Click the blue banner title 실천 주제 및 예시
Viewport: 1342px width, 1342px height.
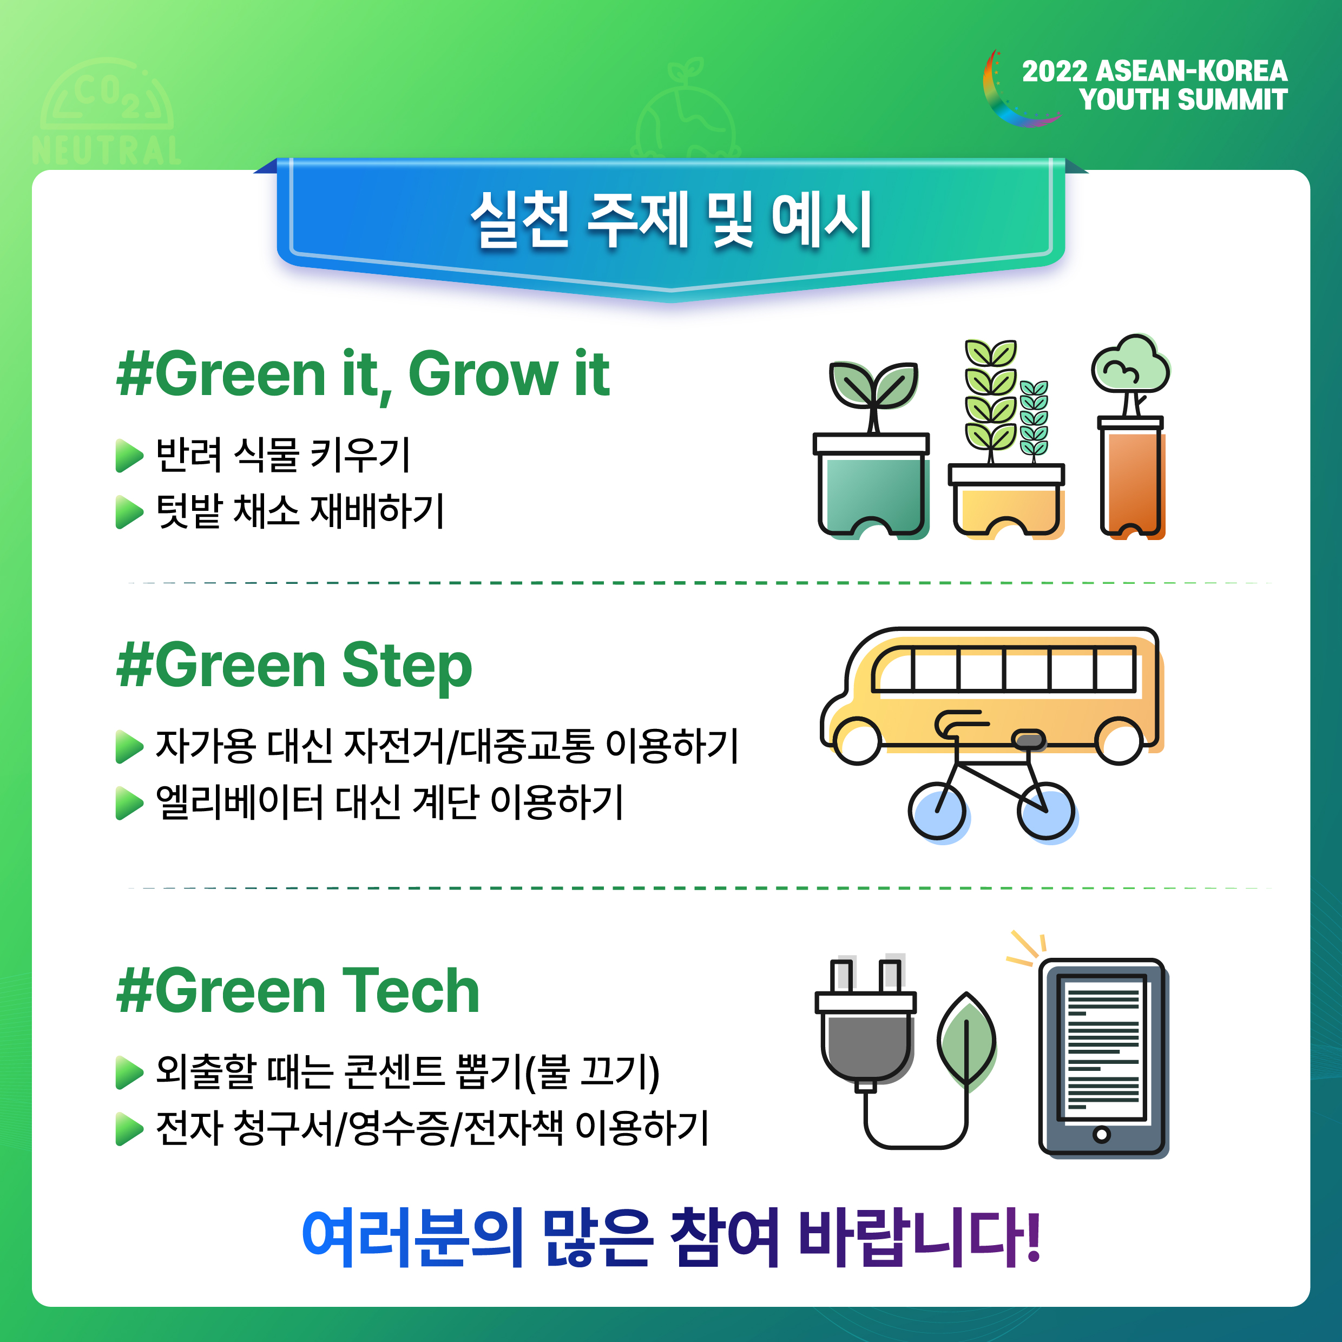671,220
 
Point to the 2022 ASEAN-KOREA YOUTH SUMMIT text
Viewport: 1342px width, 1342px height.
1154,85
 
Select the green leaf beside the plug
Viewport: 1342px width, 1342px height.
967,1040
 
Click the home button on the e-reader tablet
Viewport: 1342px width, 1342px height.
1102,1135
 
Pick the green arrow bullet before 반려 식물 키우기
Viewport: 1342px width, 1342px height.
129,456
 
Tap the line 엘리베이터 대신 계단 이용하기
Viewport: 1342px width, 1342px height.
390,803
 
